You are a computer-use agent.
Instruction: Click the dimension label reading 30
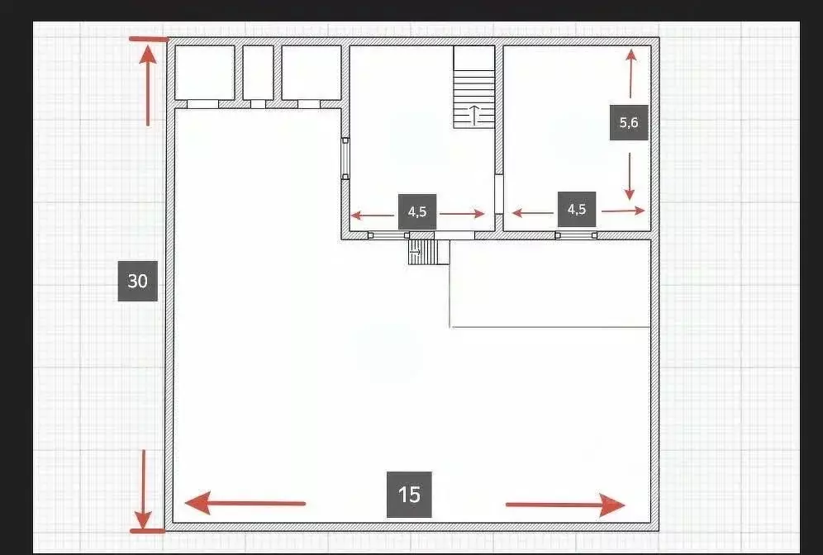pos(137,281)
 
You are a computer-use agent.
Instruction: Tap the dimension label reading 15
pos(409,494)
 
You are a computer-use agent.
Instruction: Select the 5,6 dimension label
pos(629,123)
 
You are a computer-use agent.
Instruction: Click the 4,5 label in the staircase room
pos(417,211)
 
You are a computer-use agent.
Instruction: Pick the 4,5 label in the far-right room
pos(576,209)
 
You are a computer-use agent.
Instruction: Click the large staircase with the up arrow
pos(474,87)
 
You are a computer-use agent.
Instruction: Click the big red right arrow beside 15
pos(565,505)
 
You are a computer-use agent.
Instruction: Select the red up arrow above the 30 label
pos(148,86)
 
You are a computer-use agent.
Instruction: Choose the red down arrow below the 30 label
pos(143,489)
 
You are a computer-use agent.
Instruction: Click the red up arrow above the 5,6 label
pos(631,74)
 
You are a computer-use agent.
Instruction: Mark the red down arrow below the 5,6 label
pos(630,176)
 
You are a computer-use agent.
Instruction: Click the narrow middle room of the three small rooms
pos(259,73)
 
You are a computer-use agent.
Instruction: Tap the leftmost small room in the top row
pos(205,73)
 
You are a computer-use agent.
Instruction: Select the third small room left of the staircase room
pos(312,73)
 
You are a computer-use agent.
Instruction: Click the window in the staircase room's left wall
pos(345,159)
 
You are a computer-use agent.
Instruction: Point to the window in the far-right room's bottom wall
pos(576,235)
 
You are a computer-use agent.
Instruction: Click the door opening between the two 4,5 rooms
pos(499,194)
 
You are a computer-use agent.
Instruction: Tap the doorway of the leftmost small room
pos(203,104)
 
